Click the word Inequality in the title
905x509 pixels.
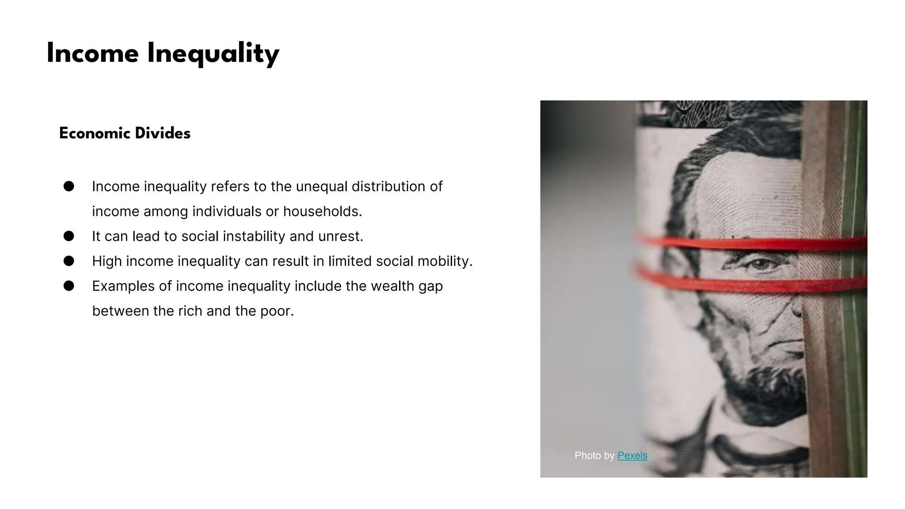click(213, 54)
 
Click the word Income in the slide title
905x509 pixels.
click(92, 54)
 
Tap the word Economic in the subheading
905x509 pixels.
click(95, 133)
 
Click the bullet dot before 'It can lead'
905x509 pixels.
click(68, 236)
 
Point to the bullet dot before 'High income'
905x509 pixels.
click(68, 261)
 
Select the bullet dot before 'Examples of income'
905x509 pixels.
click(68, 286)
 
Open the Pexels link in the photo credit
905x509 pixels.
click(632, 456)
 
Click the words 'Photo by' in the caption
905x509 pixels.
click(594, 456)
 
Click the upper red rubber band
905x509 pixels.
click(751, 243)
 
